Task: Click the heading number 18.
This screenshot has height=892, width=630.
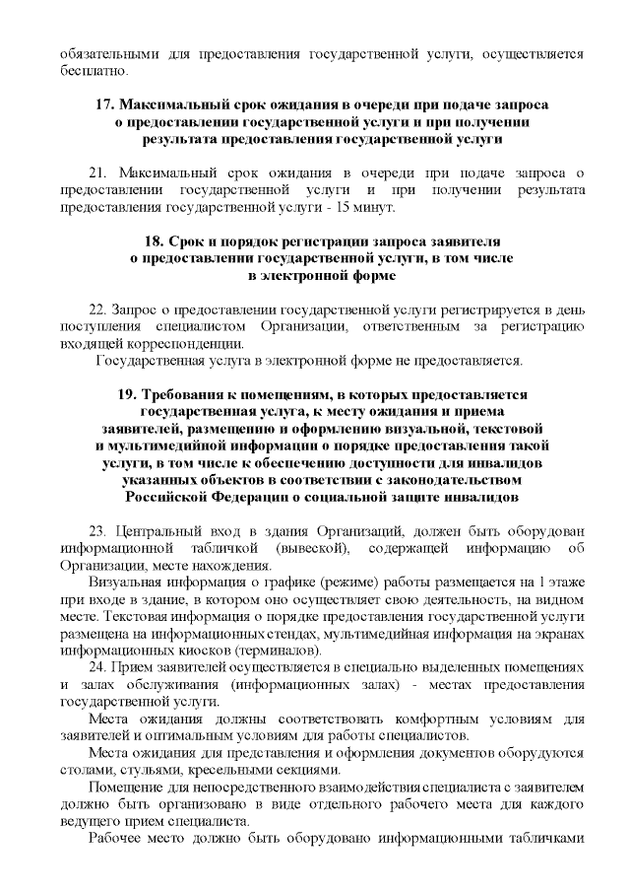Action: click(x=155, y=240)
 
